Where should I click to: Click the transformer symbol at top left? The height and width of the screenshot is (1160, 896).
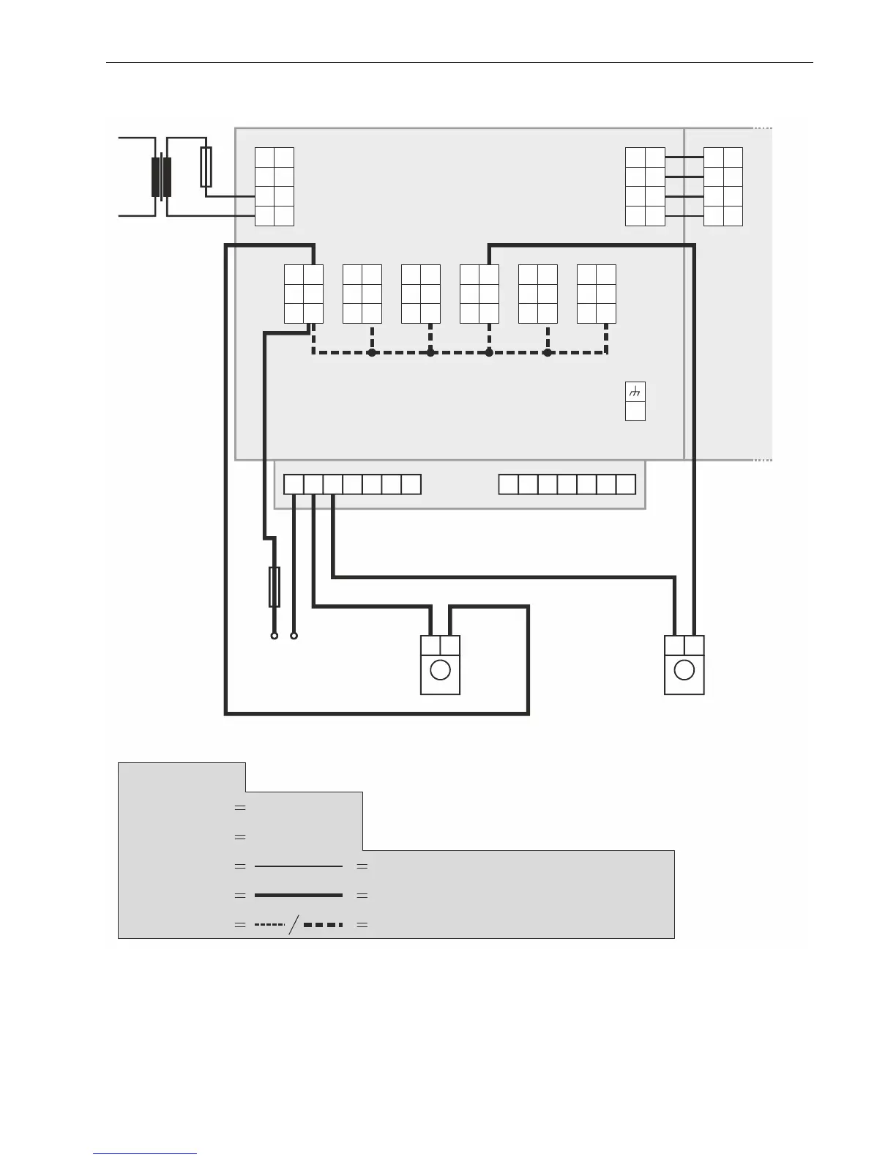click(161, 177)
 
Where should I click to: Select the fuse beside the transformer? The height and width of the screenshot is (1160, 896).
click(206, 166)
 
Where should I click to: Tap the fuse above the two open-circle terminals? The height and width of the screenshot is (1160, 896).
click(275, 587)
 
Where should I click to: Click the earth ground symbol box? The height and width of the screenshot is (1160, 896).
click(635, 393)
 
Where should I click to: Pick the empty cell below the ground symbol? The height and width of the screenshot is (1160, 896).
click(635, 412)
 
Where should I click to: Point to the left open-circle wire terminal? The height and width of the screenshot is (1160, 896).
click(275, 636)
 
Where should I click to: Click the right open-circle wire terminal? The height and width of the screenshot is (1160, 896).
click(294, 636)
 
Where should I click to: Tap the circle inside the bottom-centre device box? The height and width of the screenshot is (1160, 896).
click(440, 670)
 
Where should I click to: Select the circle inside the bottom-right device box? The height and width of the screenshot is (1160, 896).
click(684, 670)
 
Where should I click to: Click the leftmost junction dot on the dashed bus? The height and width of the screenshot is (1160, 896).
click(372, 353)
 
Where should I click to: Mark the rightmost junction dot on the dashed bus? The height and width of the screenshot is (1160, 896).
click(548, 353)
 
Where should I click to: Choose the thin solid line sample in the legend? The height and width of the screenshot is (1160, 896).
click(299, 866)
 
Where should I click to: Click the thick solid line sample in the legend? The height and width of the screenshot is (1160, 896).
click(299, 895)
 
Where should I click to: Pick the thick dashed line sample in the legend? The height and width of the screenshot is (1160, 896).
click(323, 925)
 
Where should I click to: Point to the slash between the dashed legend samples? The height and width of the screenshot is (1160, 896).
click(294, 925)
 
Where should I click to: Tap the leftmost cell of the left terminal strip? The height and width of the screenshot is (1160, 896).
click(294, 484)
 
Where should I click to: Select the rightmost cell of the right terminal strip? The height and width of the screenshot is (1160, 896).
click(626, 484)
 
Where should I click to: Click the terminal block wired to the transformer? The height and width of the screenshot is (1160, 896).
click(275, 187)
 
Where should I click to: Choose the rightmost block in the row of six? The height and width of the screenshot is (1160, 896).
click(597, 294)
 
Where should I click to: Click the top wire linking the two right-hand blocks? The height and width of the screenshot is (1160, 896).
click(684, 157)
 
